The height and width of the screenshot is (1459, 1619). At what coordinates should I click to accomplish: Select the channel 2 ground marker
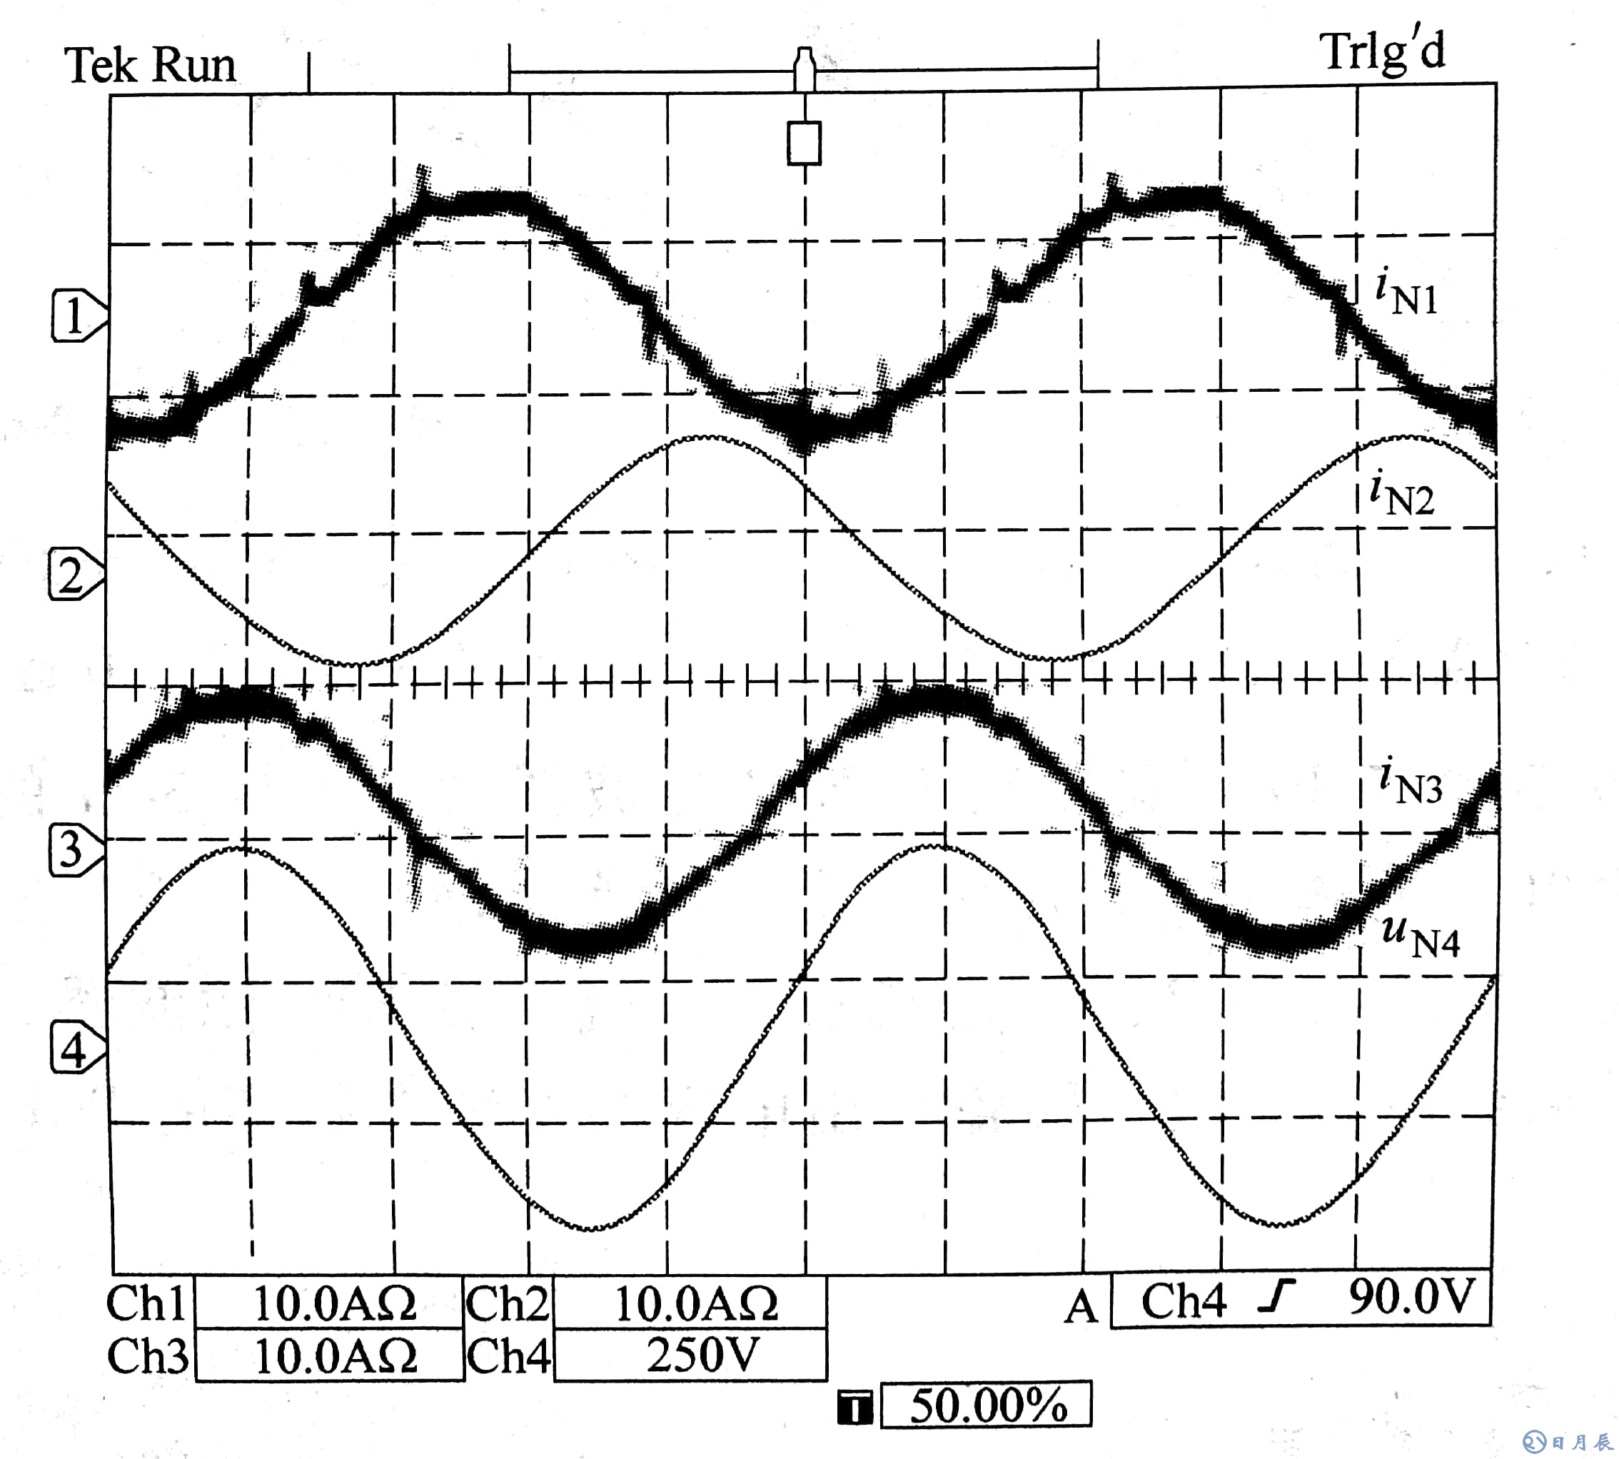pos(74,575)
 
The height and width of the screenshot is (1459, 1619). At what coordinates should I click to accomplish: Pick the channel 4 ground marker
pos(76,1049)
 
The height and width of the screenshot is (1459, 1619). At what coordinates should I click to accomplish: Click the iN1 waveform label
pos(1406,294)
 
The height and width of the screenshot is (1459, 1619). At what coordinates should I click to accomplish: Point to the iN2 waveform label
pos(1402,495)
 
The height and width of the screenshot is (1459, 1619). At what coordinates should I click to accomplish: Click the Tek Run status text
pos(151,66)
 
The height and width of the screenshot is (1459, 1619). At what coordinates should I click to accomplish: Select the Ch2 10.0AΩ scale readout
pos(695,1304)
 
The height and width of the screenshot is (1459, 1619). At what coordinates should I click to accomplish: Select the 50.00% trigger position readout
pos(987,1405)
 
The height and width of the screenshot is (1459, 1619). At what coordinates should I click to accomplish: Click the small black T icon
pos(854,1408)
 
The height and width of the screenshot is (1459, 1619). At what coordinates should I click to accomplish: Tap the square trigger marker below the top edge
pos(804,143)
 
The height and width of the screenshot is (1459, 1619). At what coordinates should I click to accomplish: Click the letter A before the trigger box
pos(1080,1307)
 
